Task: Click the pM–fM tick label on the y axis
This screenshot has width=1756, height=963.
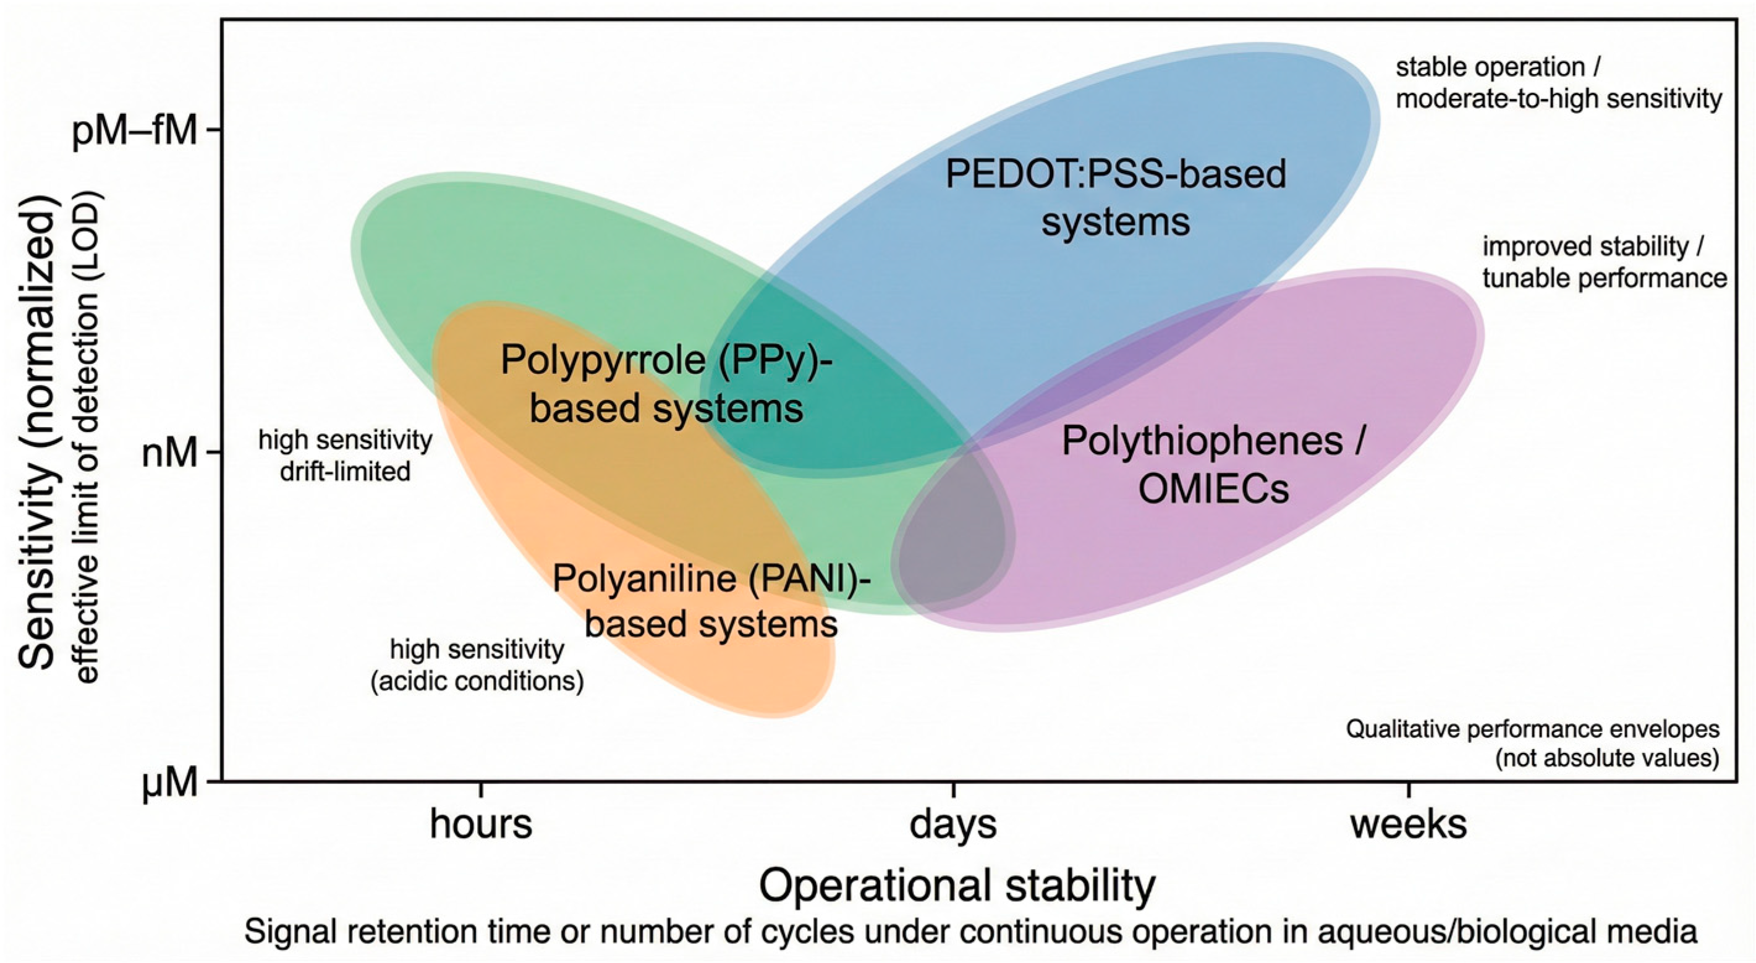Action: coord(134,130)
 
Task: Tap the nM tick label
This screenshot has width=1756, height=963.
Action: coord(170,453)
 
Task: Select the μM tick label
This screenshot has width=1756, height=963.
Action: coord(170,784)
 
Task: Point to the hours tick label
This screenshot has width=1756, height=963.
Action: coord(481,824)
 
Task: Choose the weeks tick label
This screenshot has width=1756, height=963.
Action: coord(1409,824)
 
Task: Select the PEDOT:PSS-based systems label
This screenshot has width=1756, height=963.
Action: coord(1116,198)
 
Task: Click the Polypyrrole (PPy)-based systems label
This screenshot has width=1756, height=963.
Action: coord(667,384)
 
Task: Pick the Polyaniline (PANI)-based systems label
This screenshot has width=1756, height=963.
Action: coord(711,600)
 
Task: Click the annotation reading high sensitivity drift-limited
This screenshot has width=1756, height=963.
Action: coord(346,456)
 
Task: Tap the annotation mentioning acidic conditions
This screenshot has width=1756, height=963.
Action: coord(477,665)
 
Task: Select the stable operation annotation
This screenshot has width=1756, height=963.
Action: coord(1558,83)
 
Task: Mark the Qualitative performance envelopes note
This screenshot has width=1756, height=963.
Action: coord(1532,744)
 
